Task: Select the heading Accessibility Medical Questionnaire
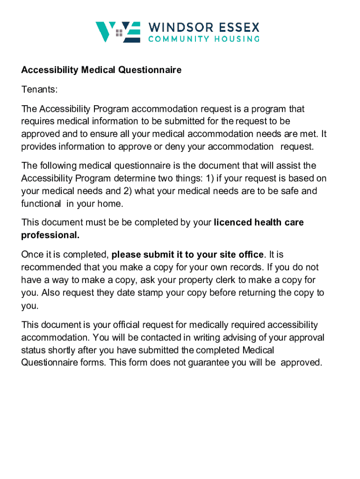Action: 101,70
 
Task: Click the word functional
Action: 41,204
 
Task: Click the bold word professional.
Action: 50,235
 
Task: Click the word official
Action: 131,325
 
